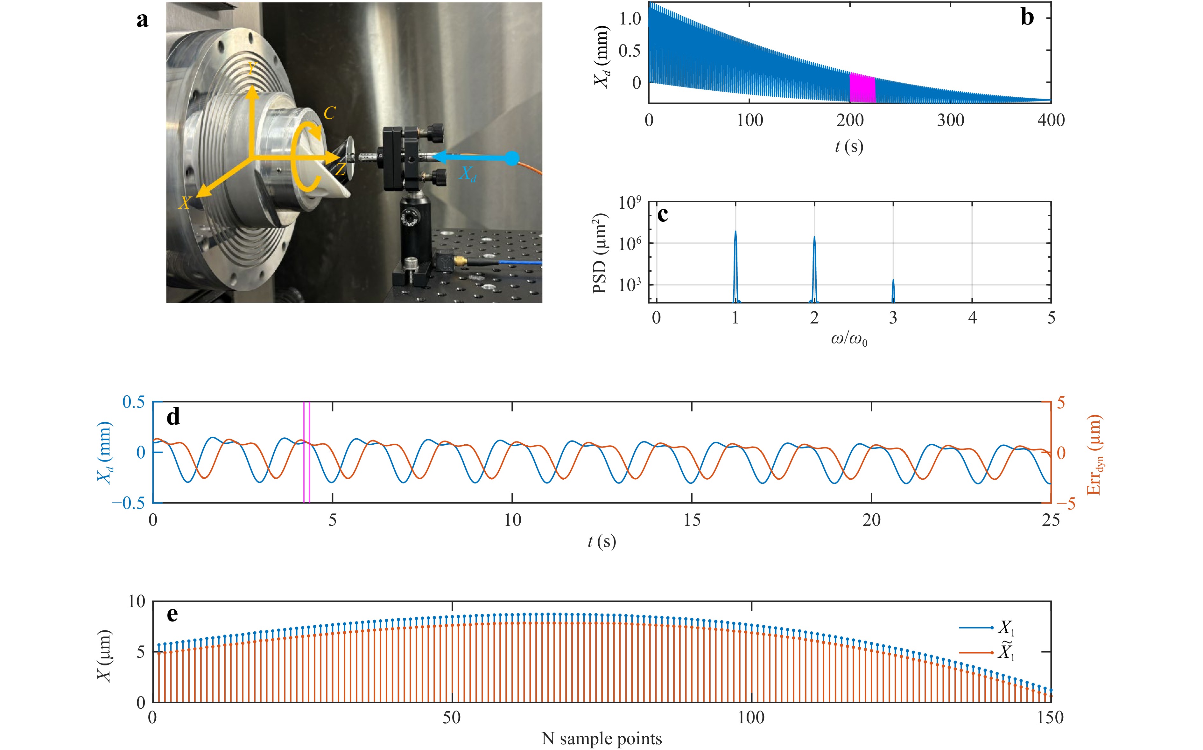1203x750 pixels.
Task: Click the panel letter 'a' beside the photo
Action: coord(143,20)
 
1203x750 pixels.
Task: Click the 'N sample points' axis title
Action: coord(601,739)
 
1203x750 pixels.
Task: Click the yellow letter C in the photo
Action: coord(329,114)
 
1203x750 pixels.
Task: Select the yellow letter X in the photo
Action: coord(185,202)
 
